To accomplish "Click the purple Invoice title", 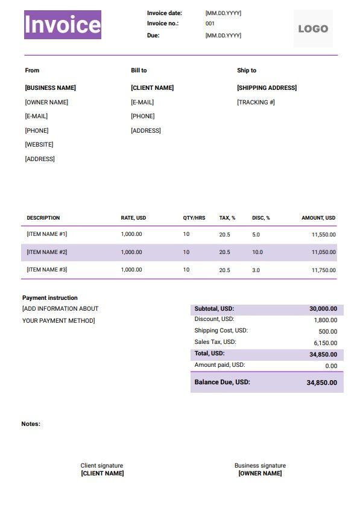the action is [x=63, y=25].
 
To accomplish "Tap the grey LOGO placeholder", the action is [x=313, y=28].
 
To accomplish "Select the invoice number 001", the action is [x=210, y=24].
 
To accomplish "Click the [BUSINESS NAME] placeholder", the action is [x=51, y=88].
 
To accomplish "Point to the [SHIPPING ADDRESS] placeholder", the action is [x=267, y=88].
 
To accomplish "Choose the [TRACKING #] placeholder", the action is [x=256, y=103].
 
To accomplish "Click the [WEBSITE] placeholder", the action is [x=39, y=145].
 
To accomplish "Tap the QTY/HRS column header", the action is [x=194, y=218].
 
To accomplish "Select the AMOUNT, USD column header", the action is [x=318, y=218].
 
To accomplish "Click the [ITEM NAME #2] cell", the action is [x=47, y=252].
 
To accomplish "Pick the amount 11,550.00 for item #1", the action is [x=324, y=235].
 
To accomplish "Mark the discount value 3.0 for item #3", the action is [x=256, y=270].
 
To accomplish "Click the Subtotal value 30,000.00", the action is [x=323, y=309].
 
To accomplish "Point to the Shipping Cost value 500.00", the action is [x=328, y=331].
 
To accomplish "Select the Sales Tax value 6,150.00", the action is [x=326, y=343].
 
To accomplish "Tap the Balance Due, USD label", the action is [x=222, y=382].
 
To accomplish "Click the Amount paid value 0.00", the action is [x=331, y=366].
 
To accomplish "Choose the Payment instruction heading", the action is [x=50, y=298].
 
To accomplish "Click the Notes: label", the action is [x=31, y=424].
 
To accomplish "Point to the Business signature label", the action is [x=260, y=466].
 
